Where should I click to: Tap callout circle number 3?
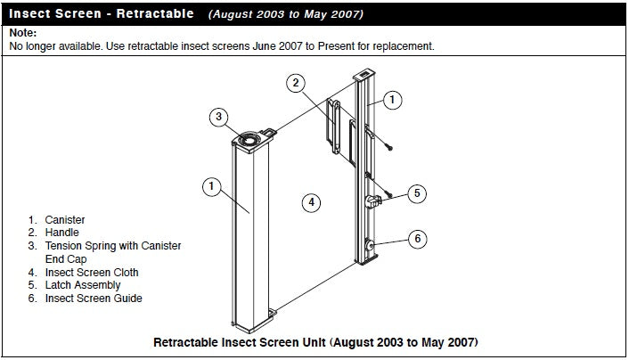[221, 118]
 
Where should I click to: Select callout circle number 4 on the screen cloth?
[309, 202]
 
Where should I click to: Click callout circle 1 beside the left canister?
[210, 186]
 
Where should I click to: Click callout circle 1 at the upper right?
[393, 100]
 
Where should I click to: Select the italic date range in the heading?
[285, 15]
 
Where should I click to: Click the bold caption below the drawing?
[316, 342]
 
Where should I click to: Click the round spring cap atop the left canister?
[247, 140]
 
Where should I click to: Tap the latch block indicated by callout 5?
[374, 200]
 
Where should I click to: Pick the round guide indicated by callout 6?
[369, 245]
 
